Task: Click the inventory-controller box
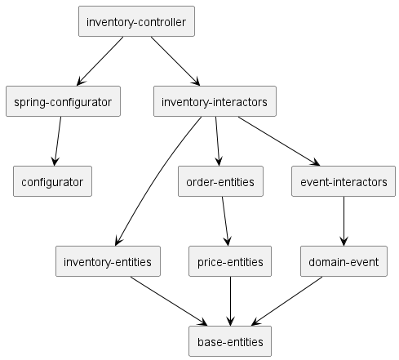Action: pyautogui.click(x=136, y=21)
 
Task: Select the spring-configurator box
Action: pyautogui.click(x=63, y=101)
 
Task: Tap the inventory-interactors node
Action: pyautogui.click(x=215, y=101)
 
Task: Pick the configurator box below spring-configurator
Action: pyautogui.click(x=52, y=181)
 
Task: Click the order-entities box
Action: pyautogui.click(x=220, y=181)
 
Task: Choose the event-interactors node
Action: pyautogui.click(x=344, y=181)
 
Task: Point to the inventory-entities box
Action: pyautogui.click(x=108, y=261)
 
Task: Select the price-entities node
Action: pyautogui.click(x=230, y=261)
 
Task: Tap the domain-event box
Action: pyautogui.click(x=344, y=261)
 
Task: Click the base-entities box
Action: pyautogui.click(x=230, y=341)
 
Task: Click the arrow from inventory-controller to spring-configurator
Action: pyautogui.click(x=100, y=61)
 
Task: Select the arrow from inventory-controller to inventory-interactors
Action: pyautogui.click(x=175, y=61)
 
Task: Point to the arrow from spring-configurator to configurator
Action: pyautogui.click(x=58, y=141)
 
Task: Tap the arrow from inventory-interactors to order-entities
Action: pyautogui.click(x=217, y=141)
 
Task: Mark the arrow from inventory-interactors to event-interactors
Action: pyautogui.click(x=279, y=141)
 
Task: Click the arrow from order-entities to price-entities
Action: pyautogui.click(x=225, y=221)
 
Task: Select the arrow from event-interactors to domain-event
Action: pyautogui.click(x=344, y=221)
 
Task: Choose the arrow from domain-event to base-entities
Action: pyautogui.click(x=287, y=301)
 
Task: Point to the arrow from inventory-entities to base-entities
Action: pyautogui.click(x=169, y=301)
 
